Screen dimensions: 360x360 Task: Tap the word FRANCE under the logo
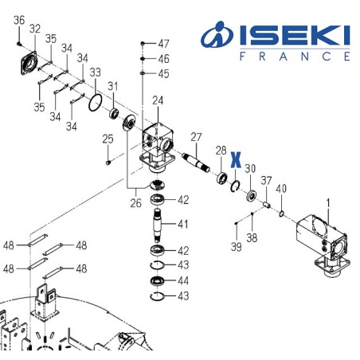(294, 57)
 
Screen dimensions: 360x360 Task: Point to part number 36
(19, 20)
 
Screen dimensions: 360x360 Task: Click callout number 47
(163, 43)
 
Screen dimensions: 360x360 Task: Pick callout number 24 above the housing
(158, 100)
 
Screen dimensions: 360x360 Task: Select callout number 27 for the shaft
(196, 136)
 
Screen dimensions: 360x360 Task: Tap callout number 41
(182, 223)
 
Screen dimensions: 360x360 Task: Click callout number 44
(182, 281)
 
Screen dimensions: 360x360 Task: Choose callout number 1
(325, 203)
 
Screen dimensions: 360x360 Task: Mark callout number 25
(108, 140)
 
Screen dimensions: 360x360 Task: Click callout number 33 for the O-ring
(95, 72)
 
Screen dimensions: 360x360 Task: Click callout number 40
(280, 189)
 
